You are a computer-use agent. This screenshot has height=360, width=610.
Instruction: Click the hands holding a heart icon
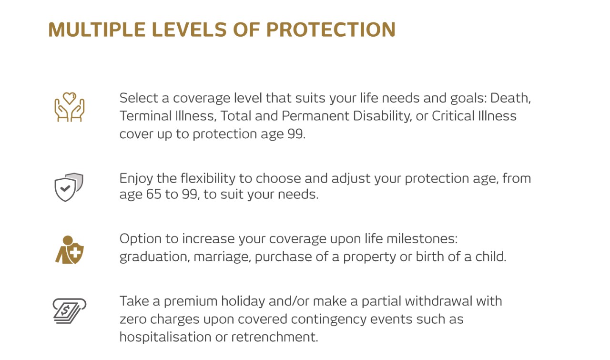(x=70, y=107)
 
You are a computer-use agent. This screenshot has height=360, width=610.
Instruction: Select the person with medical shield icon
(x=70, y=250)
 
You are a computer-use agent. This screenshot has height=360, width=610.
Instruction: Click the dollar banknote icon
(x=69, y=310)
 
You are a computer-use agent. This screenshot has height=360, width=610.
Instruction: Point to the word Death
(x=510, y=98)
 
